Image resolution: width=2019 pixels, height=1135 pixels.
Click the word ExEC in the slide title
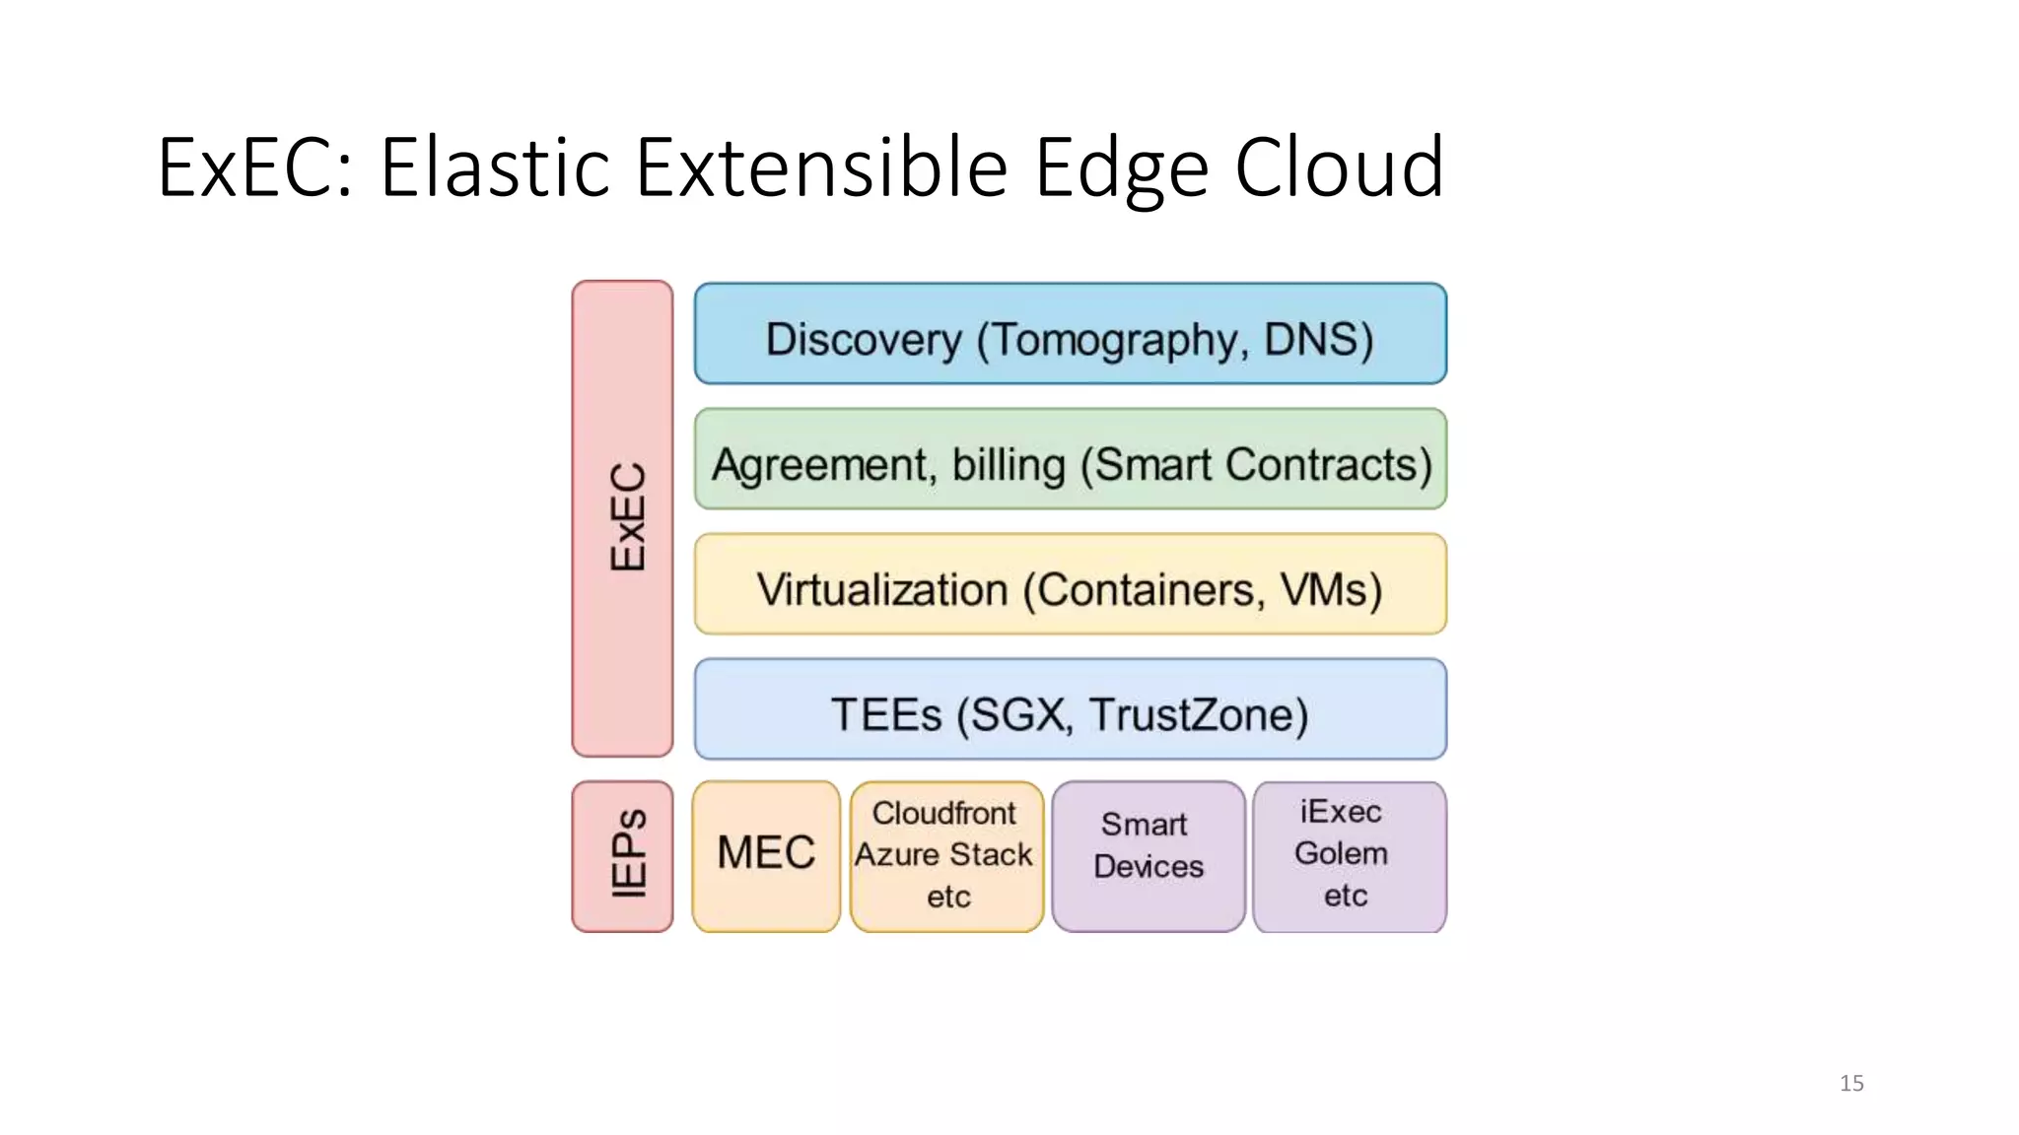tap(252, 167)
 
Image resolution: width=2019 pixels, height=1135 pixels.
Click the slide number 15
tap(1850, 1083)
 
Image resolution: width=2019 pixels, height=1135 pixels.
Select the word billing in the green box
tap(1008, 465)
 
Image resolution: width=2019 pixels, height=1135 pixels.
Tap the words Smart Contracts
tap(1262, 465)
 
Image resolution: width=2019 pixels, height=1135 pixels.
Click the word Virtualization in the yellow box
tap(882, 590)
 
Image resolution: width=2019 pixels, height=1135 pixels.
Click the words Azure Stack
tap(943, 854)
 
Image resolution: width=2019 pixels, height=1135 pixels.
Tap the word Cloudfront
tap(943, 813)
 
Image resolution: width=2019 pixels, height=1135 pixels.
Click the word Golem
tap(1341, 853)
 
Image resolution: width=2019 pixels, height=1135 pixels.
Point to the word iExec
tap(1341, 811)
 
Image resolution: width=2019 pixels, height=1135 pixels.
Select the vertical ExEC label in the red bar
tap(627, 517)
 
